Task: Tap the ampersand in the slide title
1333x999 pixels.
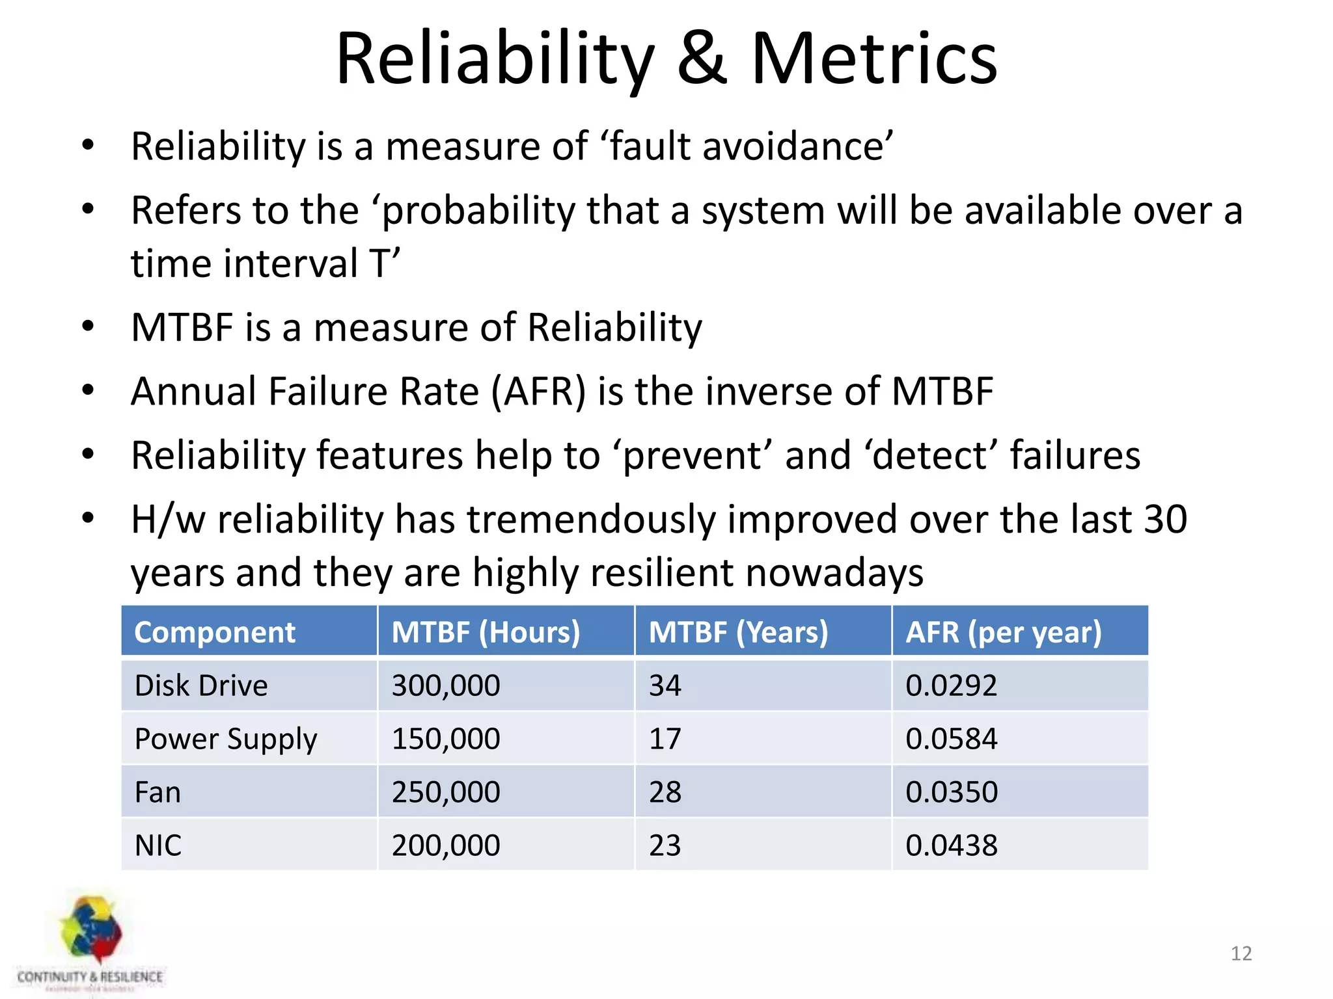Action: [702, 60]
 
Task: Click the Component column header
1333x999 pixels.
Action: [215, 632]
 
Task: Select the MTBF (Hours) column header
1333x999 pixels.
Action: [486, 632]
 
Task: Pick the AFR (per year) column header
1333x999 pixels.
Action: [1003, 632]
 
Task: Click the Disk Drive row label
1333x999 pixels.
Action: [201, 686]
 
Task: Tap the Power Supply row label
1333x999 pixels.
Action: [226, 739]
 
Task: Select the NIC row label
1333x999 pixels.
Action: [158, 846]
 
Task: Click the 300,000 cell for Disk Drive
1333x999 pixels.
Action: [446, 686]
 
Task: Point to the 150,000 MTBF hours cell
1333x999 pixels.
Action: [446, 739]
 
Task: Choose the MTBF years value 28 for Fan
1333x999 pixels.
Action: [665, 792]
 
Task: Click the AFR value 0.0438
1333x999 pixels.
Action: [951, 846]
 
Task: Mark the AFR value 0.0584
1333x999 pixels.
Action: [951, 739]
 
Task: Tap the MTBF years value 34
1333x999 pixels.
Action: [665, 686]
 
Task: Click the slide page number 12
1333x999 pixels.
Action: [1241, 953]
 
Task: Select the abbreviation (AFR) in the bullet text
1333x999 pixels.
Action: [538, 392]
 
